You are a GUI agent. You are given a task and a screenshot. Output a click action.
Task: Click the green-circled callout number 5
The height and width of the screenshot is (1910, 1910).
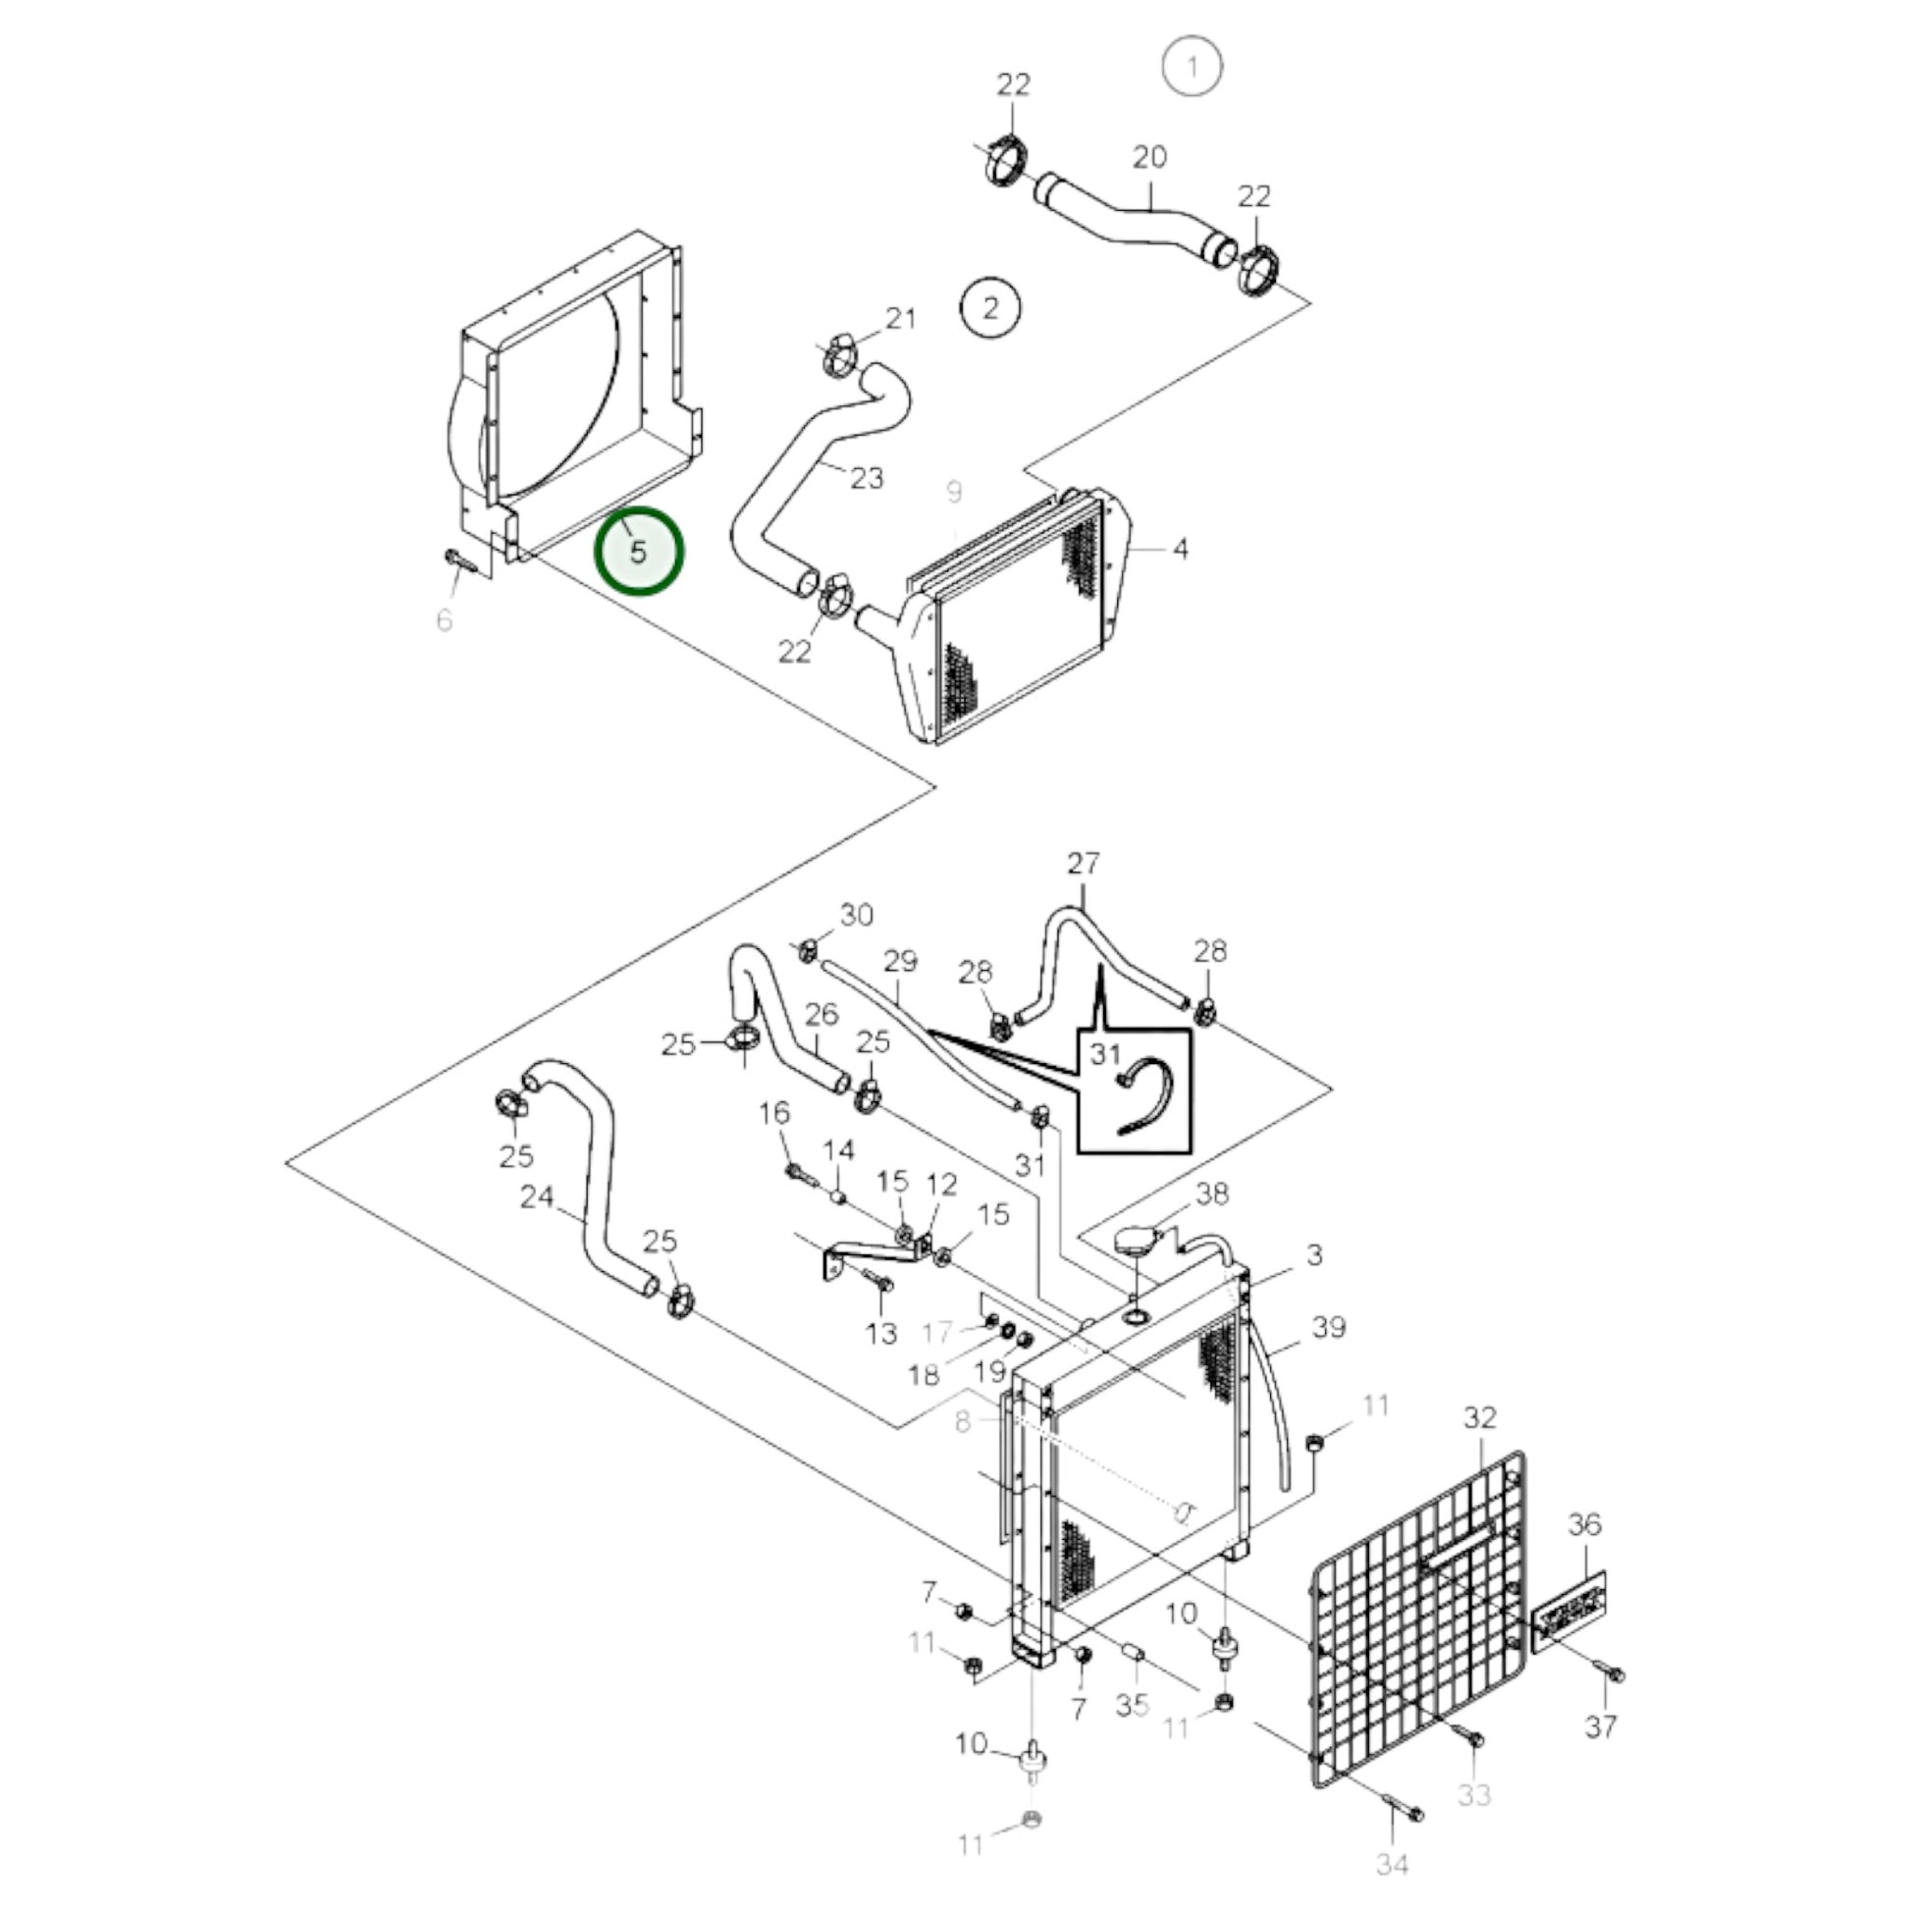coord(638,552)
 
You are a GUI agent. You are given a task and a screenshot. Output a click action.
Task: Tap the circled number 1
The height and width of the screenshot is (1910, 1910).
coord(1192,66)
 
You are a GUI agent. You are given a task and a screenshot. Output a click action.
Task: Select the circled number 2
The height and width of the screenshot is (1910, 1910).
coord(990,307)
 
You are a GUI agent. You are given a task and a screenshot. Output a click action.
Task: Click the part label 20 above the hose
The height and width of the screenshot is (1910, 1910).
coord(1148,157)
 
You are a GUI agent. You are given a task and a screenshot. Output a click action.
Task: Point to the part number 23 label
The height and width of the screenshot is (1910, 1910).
coord(866,479)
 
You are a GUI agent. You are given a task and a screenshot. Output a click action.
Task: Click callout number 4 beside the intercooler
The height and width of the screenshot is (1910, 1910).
coord(1180,549)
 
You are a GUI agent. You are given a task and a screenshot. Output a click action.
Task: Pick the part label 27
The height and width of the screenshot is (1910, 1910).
coord(1083,864)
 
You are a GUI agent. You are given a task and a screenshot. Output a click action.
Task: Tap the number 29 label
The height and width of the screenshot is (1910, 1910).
coord(900,961)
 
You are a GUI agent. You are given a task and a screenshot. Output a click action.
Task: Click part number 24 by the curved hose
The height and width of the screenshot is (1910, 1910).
coord(537,1197)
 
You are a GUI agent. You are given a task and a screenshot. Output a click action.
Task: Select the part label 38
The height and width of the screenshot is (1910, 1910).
coord(1211,1194)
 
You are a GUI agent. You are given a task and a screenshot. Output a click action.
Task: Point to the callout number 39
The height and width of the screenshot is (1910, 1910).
coord(1329,1327)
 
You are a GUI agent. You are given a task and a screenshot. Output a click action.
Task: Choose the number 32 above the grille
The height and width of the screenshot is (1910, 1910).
coord(1479,1418)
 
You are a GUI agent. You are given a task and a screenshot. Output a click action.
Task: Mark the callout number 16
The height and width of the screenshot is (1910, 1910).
coord(774,1113)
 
